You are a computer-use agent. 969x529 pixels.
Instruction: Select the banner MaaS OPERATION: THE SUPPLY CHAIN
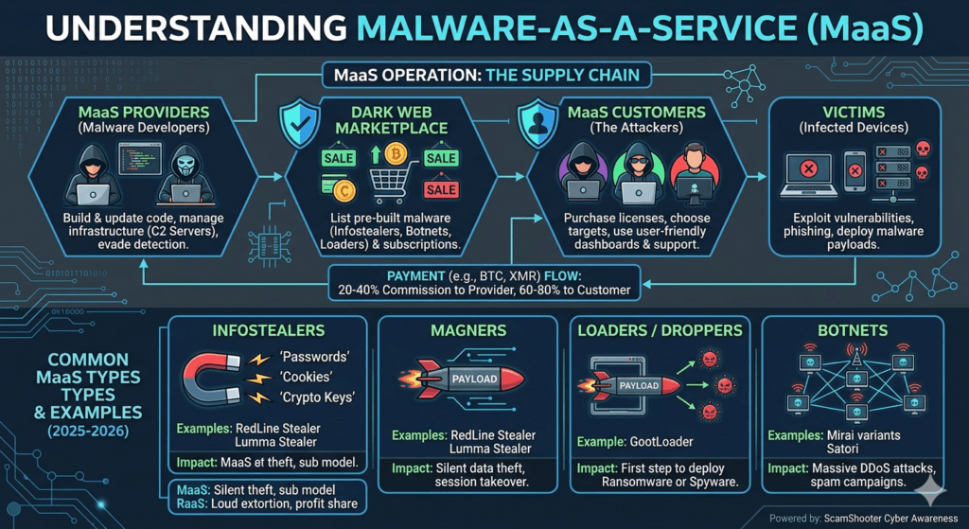coord(484,73)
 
